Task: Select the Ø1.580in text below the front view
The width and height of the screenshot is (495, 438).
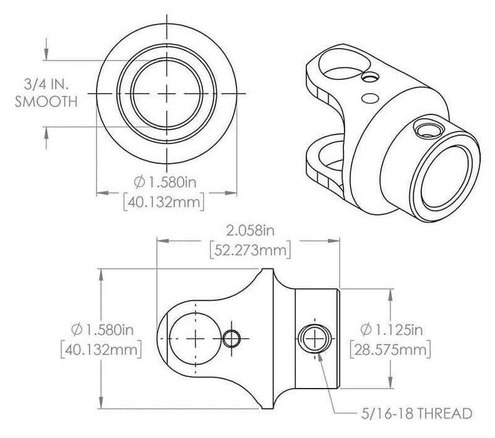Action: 167,181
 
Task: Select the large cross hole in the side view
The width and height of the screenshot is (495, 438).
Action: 196,338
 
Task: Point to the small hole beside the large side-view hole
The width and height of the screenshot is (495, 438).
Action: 232,338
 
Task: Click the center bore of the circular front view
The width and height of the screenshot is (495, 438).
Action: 166,93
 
